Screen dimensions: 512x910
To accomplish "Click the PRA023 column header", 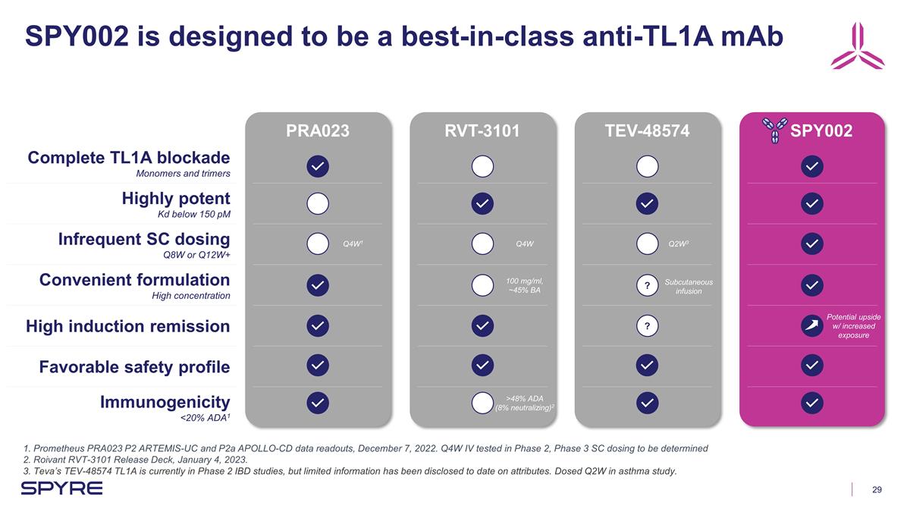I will [317, 130].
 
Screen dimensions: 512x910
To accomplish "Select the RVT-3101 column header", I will [482, 130].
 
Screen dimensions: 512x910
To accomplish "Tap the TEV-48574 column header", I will [647, 130].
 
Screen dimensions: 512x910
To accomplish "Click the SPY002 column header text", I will [821, 130].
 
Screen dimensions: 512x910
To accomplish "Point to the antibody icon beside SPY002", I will [774, 130].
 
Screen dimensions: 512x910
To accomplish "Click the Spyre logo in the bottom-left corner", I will [61, 488].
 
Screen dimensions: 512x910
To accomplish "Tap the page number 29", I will [877, 489].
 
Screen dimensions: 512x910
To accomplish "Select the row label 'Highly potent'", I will [176, 199].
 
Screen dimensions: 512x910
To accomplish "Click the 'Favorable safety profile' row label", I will [134, 367].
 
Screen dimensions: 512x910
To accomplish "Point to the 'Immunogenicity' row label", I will [165, 402].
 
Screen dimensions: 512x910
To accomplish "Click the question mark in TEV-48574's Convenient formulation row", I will [647, 285].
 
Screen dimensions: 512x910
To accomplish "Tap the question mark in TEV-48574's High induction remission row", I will [647, 326].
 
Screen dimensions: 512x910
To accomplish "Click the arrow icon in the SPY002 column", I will [811, 326].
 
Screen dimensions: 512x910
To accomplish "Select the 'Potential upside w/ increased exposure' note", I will [853, 325].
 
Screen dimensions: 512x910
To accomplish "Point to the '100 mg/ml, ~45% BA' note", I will [525, 285].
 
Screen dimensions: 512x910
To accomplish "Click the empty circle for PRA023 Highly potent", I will [317, 203].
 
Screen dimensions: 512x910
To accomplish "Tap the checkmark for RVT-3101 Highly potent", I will [482, 203].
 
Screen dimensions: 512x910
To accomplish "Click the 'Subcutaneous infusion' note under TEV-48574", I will [689, 286].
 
